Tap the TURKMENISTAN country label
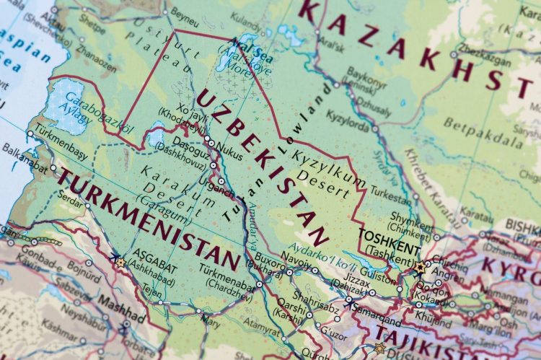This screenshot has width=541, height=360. [x=148, y=219]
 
